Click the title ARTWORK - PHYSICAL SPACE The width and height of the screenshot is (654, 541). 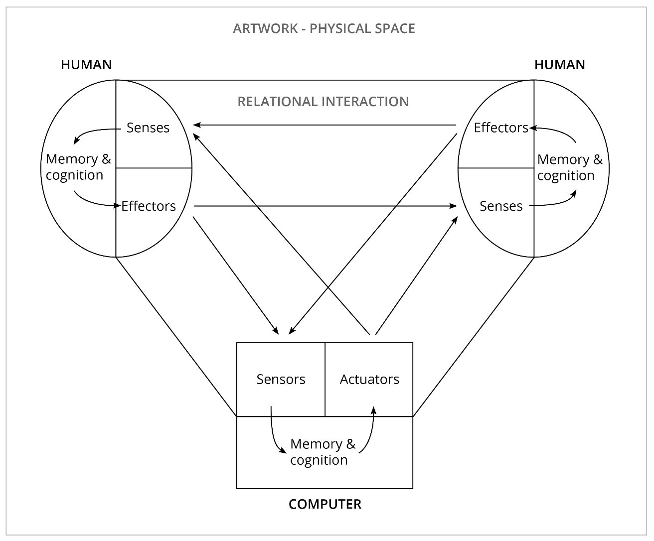click(324, 28)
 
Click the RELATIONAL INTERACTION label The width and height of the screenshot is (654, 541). click(323, 102)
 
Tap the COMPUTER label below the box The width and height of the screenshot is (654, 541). click(325, 504)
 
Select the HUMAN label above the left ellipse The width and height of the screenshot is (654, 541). click(86, 65)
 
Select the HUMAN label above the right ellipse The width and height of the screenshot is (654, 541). click(560, 65)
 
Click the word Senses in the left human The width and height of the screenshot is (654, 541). click(148, 128)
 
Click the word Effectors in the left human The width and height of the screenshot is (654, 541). click(149, 206)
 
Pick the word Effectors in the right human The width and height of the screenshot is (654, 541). click(500, 128)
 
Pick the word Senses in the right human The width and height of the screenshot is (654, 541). click(501, 206)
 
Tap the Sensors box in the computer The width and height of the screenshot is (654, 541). click(281, 379)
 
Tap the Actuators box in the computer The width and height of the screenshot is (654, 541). click(369, 379)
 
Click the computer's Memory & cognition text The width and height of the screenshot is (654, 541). click(323, 452)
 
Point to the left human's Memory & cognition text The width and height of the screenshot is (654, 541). click(78, 167)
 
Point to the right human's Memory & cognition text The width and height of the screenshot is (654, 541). click(570, 167)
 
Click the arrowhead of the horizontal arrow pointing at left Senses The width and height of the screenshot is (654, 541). click(197, 125)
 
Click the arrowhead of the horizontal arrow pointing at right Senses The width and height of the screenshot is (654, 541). click(454, 206)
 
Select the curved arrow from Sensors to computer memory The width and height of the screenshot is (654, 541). click(274, 436)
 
